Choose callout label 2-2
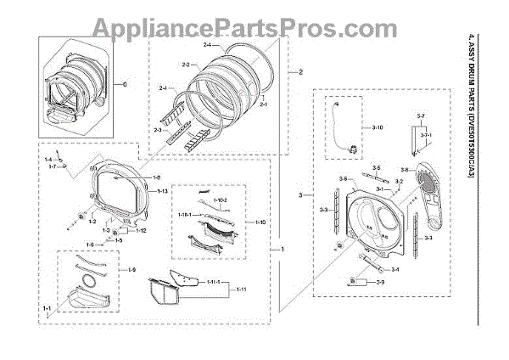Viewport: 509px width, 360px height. [189, 64]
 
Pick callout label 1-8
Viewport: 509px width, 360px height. [155, 177]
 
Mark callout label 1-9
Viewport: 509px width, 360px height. [131, 269]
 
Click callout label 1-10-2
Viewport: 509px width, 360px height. [220, 200]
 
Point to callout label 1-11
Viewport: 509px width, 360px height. [240, 290]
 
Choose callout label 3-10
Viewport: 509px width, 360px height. [378, 127]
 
